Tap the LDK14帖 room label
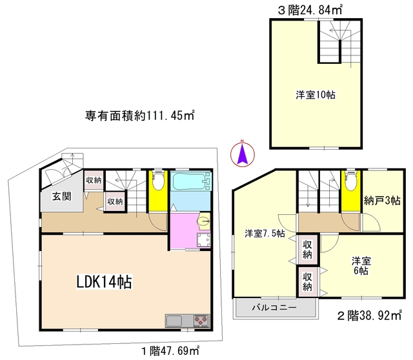(x=105, y=282)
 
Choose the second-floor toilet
(x=351, y=182)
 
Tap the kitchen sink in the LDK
(x=175, y=321)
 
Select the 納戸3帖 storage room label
(x=381, y=201)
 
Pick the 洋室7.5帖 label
(x=265, y=234)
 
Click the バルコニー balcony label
(x=274, y=308)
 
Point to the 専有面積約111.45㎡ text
(x=140, y=116)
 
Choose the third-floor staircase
(x=337, y=42)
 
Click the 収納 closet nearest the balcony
(x=307, y=282)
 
